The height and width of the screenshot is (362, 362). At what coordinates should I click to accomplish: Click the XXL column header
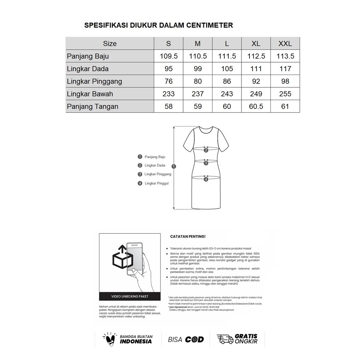285,44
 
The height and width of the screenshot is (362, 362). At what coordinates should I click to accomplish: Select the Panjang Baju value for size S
169,56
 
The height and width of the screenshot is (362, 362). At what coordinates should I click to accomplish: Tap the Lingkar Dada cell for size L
227,69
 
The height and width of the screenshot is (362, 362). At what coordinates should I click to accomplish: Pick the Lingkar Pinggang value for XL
256,81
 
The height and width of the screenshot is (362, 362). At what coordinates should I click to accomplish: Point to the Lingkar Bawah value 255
285,94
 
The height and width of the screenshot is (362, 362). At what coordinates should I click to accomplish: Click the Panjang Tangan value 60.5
256,106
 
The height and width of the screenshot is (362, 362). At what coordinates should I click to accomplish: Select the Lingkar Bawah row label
90,94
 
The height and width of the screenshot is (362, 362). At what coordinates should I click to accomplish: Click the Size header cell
110,44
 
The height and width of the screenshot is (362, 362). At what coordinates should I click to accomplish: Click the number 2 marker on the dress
206,150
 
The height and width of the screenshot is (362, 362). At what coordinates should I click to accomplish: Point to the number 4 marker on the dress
206,179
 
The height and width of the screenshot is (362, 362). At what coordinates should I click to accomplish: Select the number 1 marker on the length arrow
174,166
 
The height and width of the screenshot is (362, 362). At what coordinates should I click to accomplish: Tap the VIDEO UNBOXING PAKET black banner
130,296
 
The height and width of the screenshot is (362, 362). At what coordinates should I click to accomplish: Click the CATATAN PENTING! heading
188,236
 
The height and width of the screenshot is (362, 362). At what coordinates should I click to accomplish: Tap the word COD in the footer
195,339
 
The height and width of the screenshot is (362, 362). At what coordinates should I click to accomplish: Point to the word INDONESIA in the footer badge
136,341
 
